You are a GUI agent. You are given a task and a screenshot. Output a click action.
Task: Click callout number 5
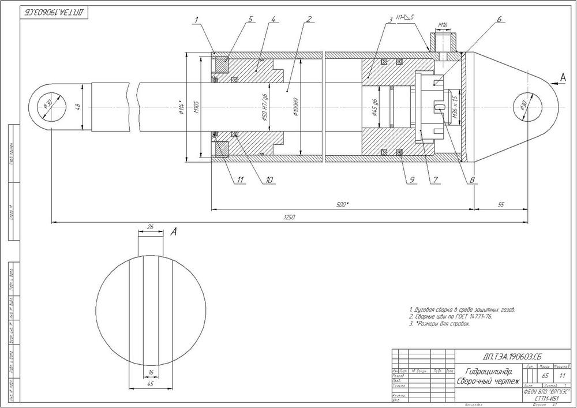pyautogui.click(x=250, y=19)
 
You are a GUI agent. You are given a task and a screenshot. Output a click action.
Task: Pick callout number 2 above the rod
pyautogui.click(x=309, y=19)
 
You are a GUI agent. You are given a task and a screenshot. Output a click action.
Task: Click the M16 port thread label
pyautogui.click(x=443, y=25)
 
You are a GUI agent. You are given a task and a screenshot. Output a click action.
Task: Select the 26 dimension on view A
pyautogui.click(x=150, y=227)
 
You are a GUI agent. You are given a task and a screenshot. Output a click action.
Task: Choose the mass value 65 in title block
pyautogui.click(x=545, y=376)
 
